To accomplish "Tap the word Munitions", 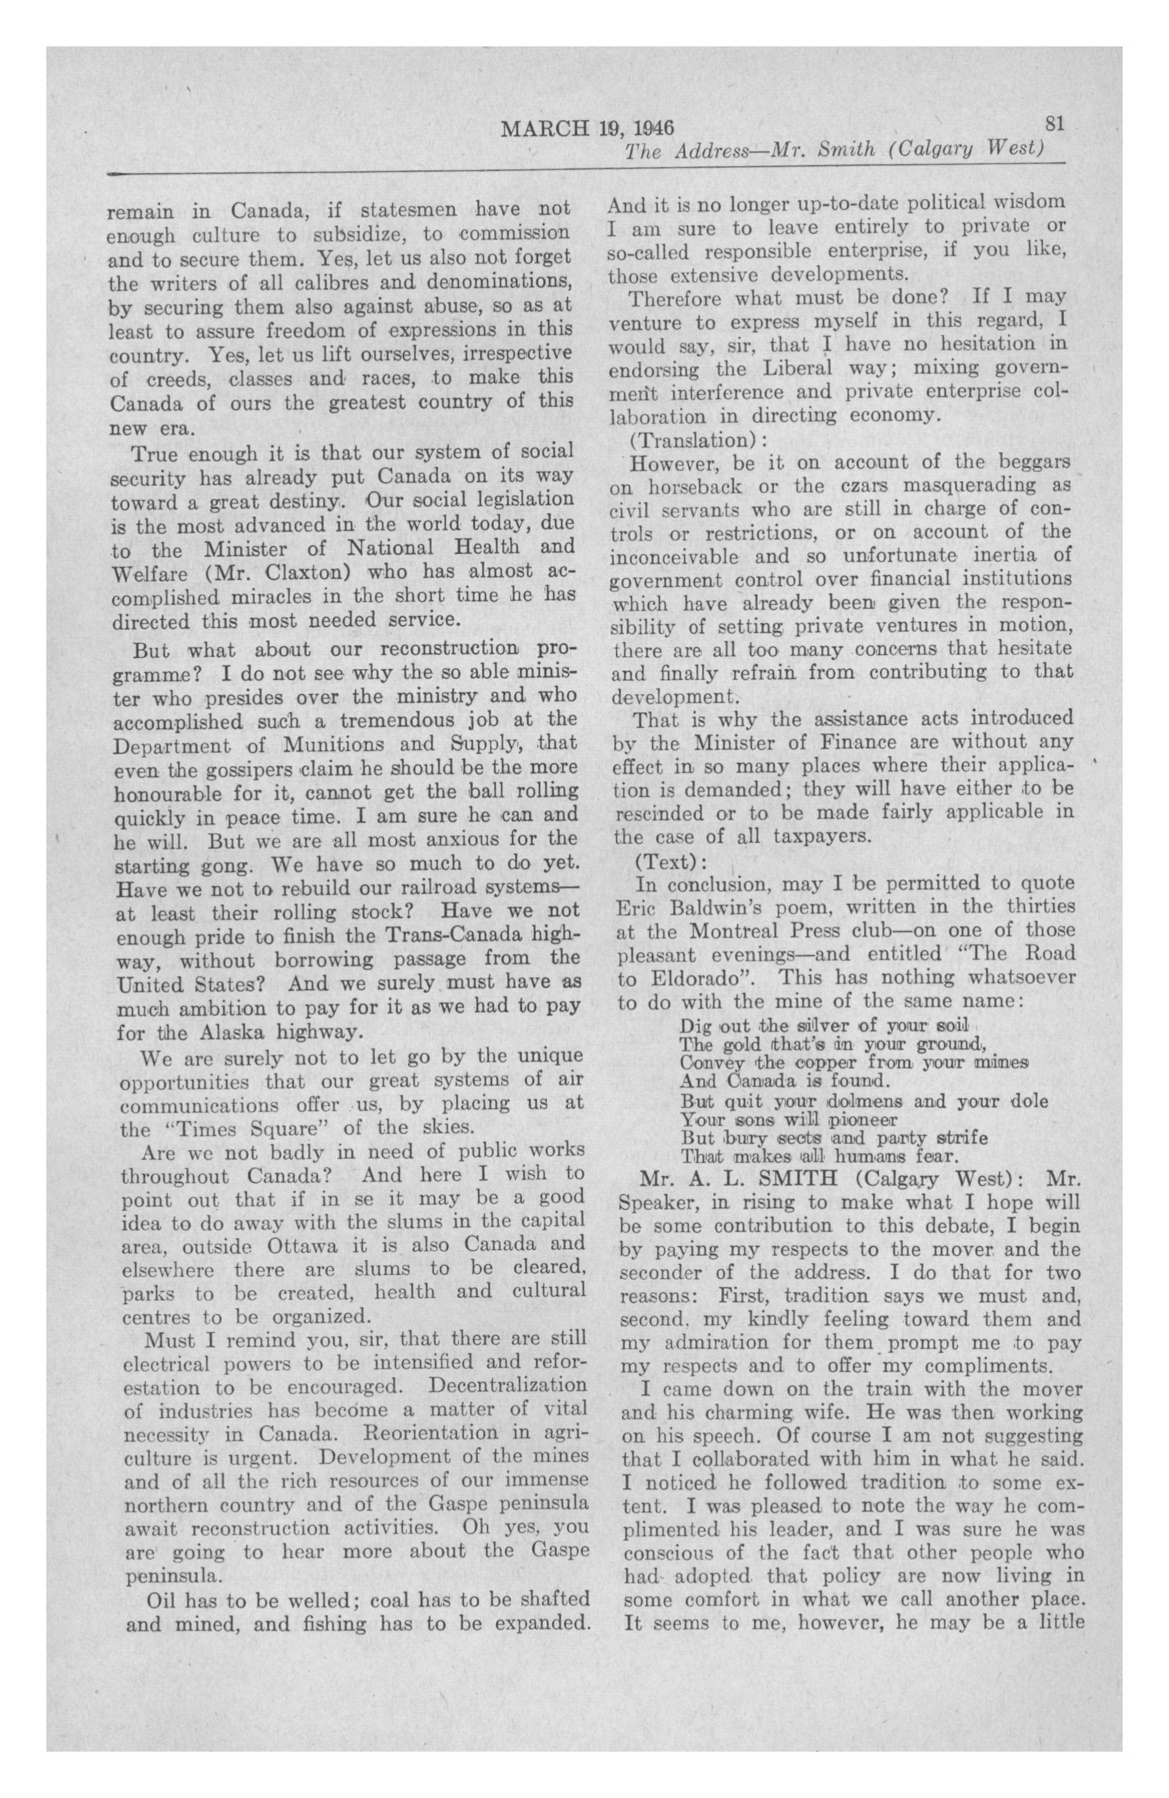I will pos(337,744).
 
